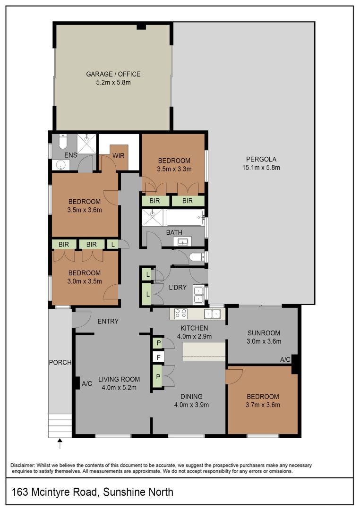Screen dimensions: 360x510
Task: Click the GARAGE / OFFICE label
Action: click(113, 74)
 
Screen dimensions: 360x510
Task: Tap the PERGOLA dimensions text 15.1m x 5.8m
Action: click(261, 168)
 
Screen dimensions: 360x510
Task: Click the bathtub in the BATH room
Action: click(184, 218)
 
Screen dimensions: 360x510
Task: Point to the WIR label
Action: click(119, 156)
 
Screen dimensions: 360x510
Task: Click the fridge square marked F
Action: click(159, 357)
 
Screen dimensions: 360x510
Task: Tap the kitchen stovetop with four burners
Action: click(180, 314)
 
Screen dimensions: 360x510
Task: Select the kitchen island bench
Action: click(204, 351)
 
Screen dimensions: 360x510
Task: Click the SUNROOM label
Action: click(264, 333)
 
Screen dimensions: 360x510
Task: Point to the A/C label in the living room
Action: click(87, 384)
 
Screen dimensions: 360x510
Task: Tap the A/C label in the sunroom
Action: click(285, 359)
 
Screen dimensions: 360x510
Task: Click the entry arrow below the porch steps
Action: click(60, 443)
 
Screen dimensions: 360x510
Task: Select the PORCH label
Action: click(60, 362)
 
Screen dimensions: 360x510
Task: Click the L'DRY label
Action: click(178, 287)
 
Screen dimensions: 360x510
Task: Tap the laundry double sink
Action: click(198, 295)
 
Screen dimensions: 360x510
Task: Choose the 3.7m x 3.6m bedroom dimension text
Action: click(263, 405)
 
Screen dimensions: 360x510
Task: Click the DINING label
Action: click(191, 397)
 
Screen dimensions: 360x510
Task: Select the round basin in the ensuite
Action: click(60, 166)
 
